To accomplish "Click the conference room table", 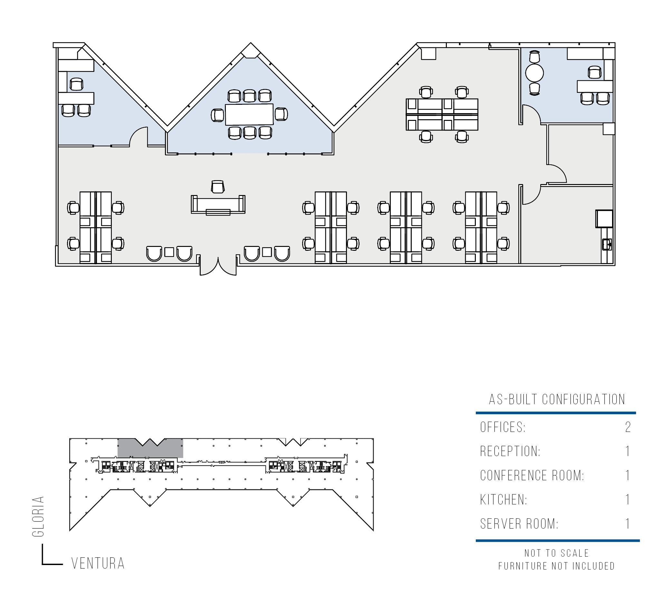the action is (x=249, y=114).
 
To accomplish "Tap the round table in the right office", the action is (x=534, y=73).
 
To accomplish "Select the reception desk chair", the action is (x=218, y=187).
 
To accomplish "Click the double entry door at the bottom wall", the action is (x=218, y=267).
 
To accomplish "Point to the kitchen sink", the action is (x=607, y=244).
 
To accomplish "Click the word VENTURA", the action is (x=98, y=563).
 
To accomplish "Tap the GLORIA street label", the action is (x=38, y=516).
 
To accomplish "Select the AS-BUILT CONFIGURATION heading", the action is (x=557, y=399).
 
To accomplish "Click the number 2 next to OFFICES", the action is (x=628, y=427).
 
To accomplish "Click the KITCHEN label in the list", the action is (x=503, y=500).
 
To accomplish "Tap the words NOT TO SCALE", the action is (x=557, y=553).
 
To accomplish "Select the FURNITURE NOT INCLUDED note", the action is (x=557, y=566).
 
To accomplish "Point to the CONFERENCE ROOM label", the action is (x=532, y=475).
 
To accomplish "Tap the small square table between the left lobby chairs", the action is (x=169, y=252).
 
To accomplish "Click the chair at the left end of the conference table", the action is (x=218, y=115).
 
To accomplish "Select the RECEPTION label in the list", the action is (x=510, y=451).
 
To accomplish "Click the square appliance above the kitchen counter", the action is (x=604, y=219).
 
